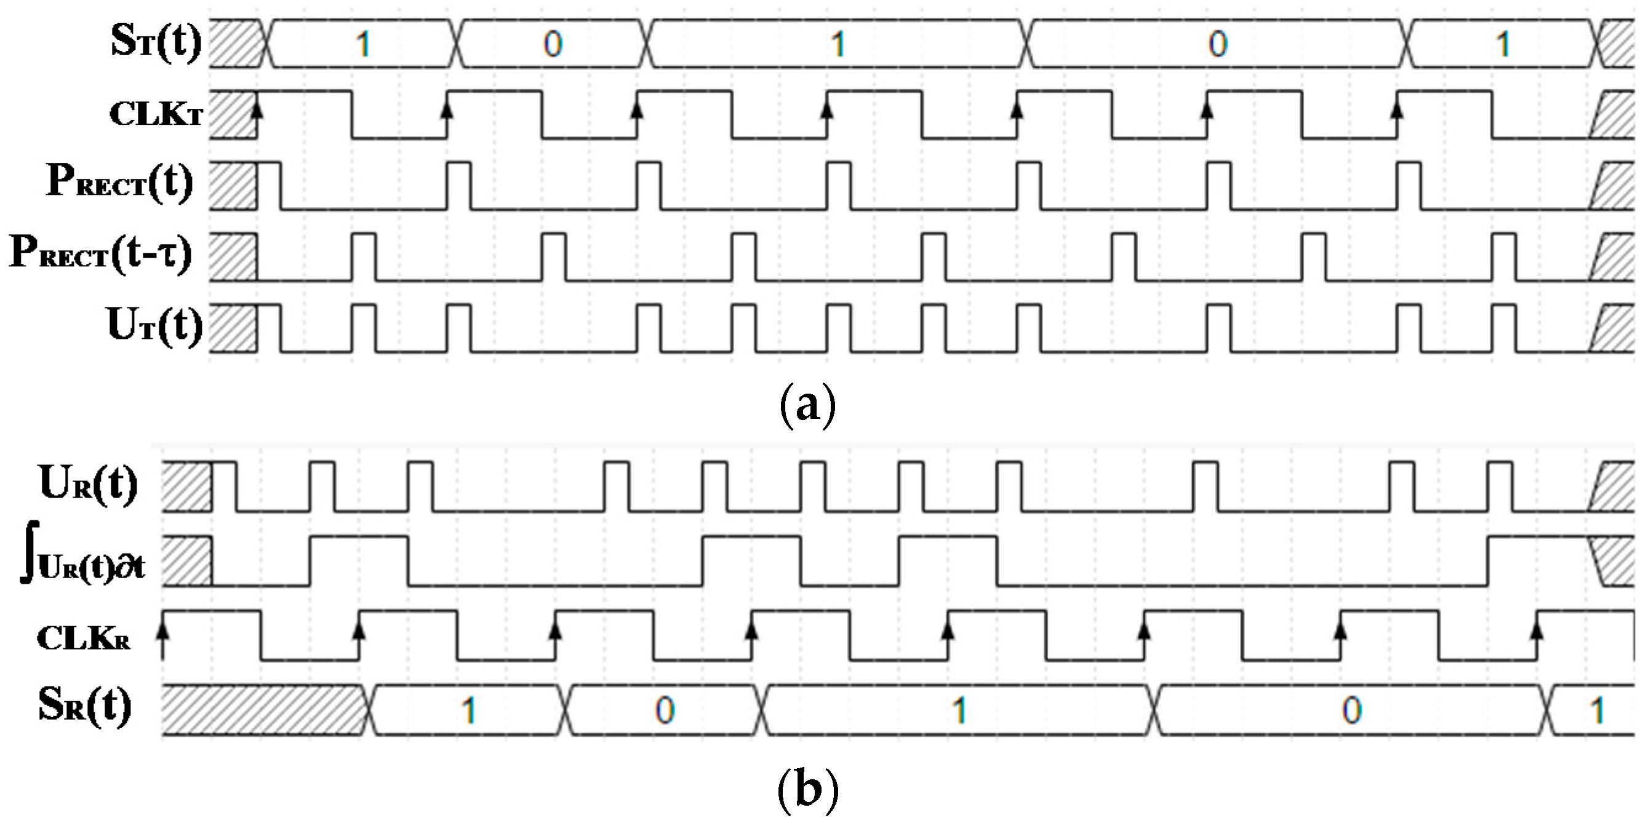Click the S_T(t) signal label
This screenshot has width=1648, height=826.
click(x=156, y=42)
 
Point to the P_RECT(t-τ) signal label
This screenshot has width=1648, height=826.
click(x=101, y=253)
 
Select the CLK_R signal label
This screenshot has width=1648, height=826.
click(x=83, y=638)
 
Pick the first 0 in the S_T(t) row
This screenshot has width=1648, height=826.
click(x=553, y=44)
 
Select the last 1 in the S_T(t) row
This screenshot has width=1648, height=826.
click(x=1503, y=44)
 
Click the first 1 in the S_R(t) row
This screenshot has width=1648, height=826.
click(x=469, y=710)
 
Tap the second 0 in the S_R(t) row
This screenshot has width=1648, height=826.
click(x=1351, y=710)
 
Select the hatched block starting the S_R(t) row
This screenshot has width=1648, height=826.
click(x=262, y=710)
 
